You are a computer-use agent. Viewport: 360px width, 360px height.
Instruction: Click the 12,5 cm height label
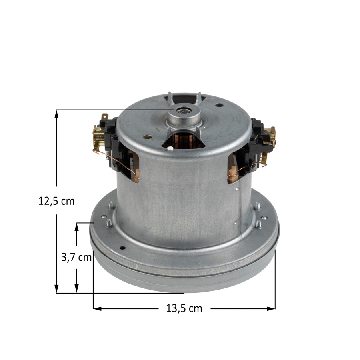56,201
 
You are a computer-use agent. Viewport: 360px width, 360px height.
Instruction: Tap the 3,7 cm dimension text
76,257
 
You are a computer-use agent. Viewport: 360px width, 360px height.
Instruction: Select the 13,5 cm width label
184,308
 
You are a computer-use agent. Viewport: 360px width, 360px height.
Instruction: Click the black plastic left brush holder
111,138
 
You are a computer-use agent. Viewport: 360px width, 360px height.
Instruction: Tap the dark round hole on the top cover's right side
219,106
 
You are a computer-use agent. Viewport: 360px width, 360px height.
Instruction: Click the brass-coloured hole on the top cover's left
148,137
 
